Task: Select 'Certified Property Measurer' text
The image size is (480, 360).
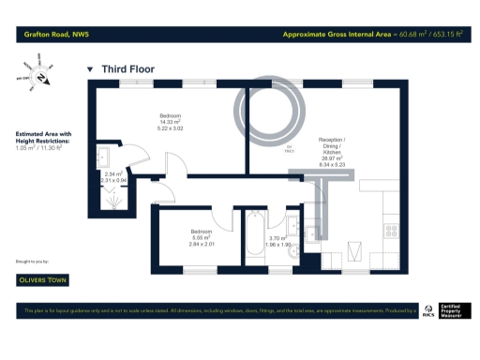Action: click(457, 310)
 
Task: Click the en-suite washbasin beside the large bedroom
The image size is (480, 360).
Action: click(105, 155)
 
